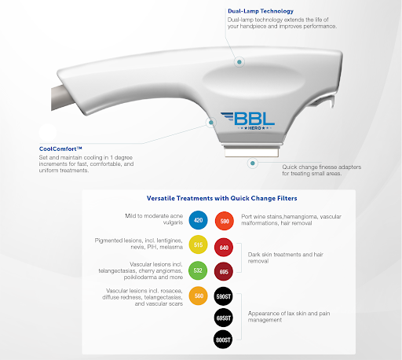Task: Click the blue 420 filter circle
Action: (198, 220)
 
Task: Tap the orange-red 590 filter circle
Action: (225, 221)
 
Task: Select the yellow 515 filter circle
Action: (198, 244)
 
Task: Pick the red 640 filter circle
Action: (224, 248)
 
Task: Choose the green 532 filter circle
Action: (198, 270)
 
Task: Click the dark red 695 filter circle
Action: (224, 271)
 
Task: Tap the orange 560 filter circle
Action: (199, 296)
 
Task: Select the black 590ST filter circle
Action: (223, 296)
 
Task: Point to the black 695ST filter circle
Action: (223, 318)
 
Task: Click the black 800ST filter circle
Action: (223, 340)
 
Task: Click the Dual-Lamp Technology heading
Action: (261, 11)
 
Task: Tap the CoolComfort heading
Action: (60, 149)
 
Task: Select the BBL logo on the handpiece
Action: (247, 121)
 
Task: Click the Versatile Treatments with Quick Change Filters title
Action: (221, 198)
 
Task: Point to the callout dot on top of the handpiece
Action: (239, 62)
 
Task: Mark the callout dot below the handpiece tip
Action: (253, 163)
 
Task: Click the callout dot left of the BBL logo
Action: (211, 123)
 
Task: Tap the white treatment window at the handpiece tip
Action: (251, 152)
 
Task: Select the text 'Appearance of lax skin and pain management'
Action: (289, 317)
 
